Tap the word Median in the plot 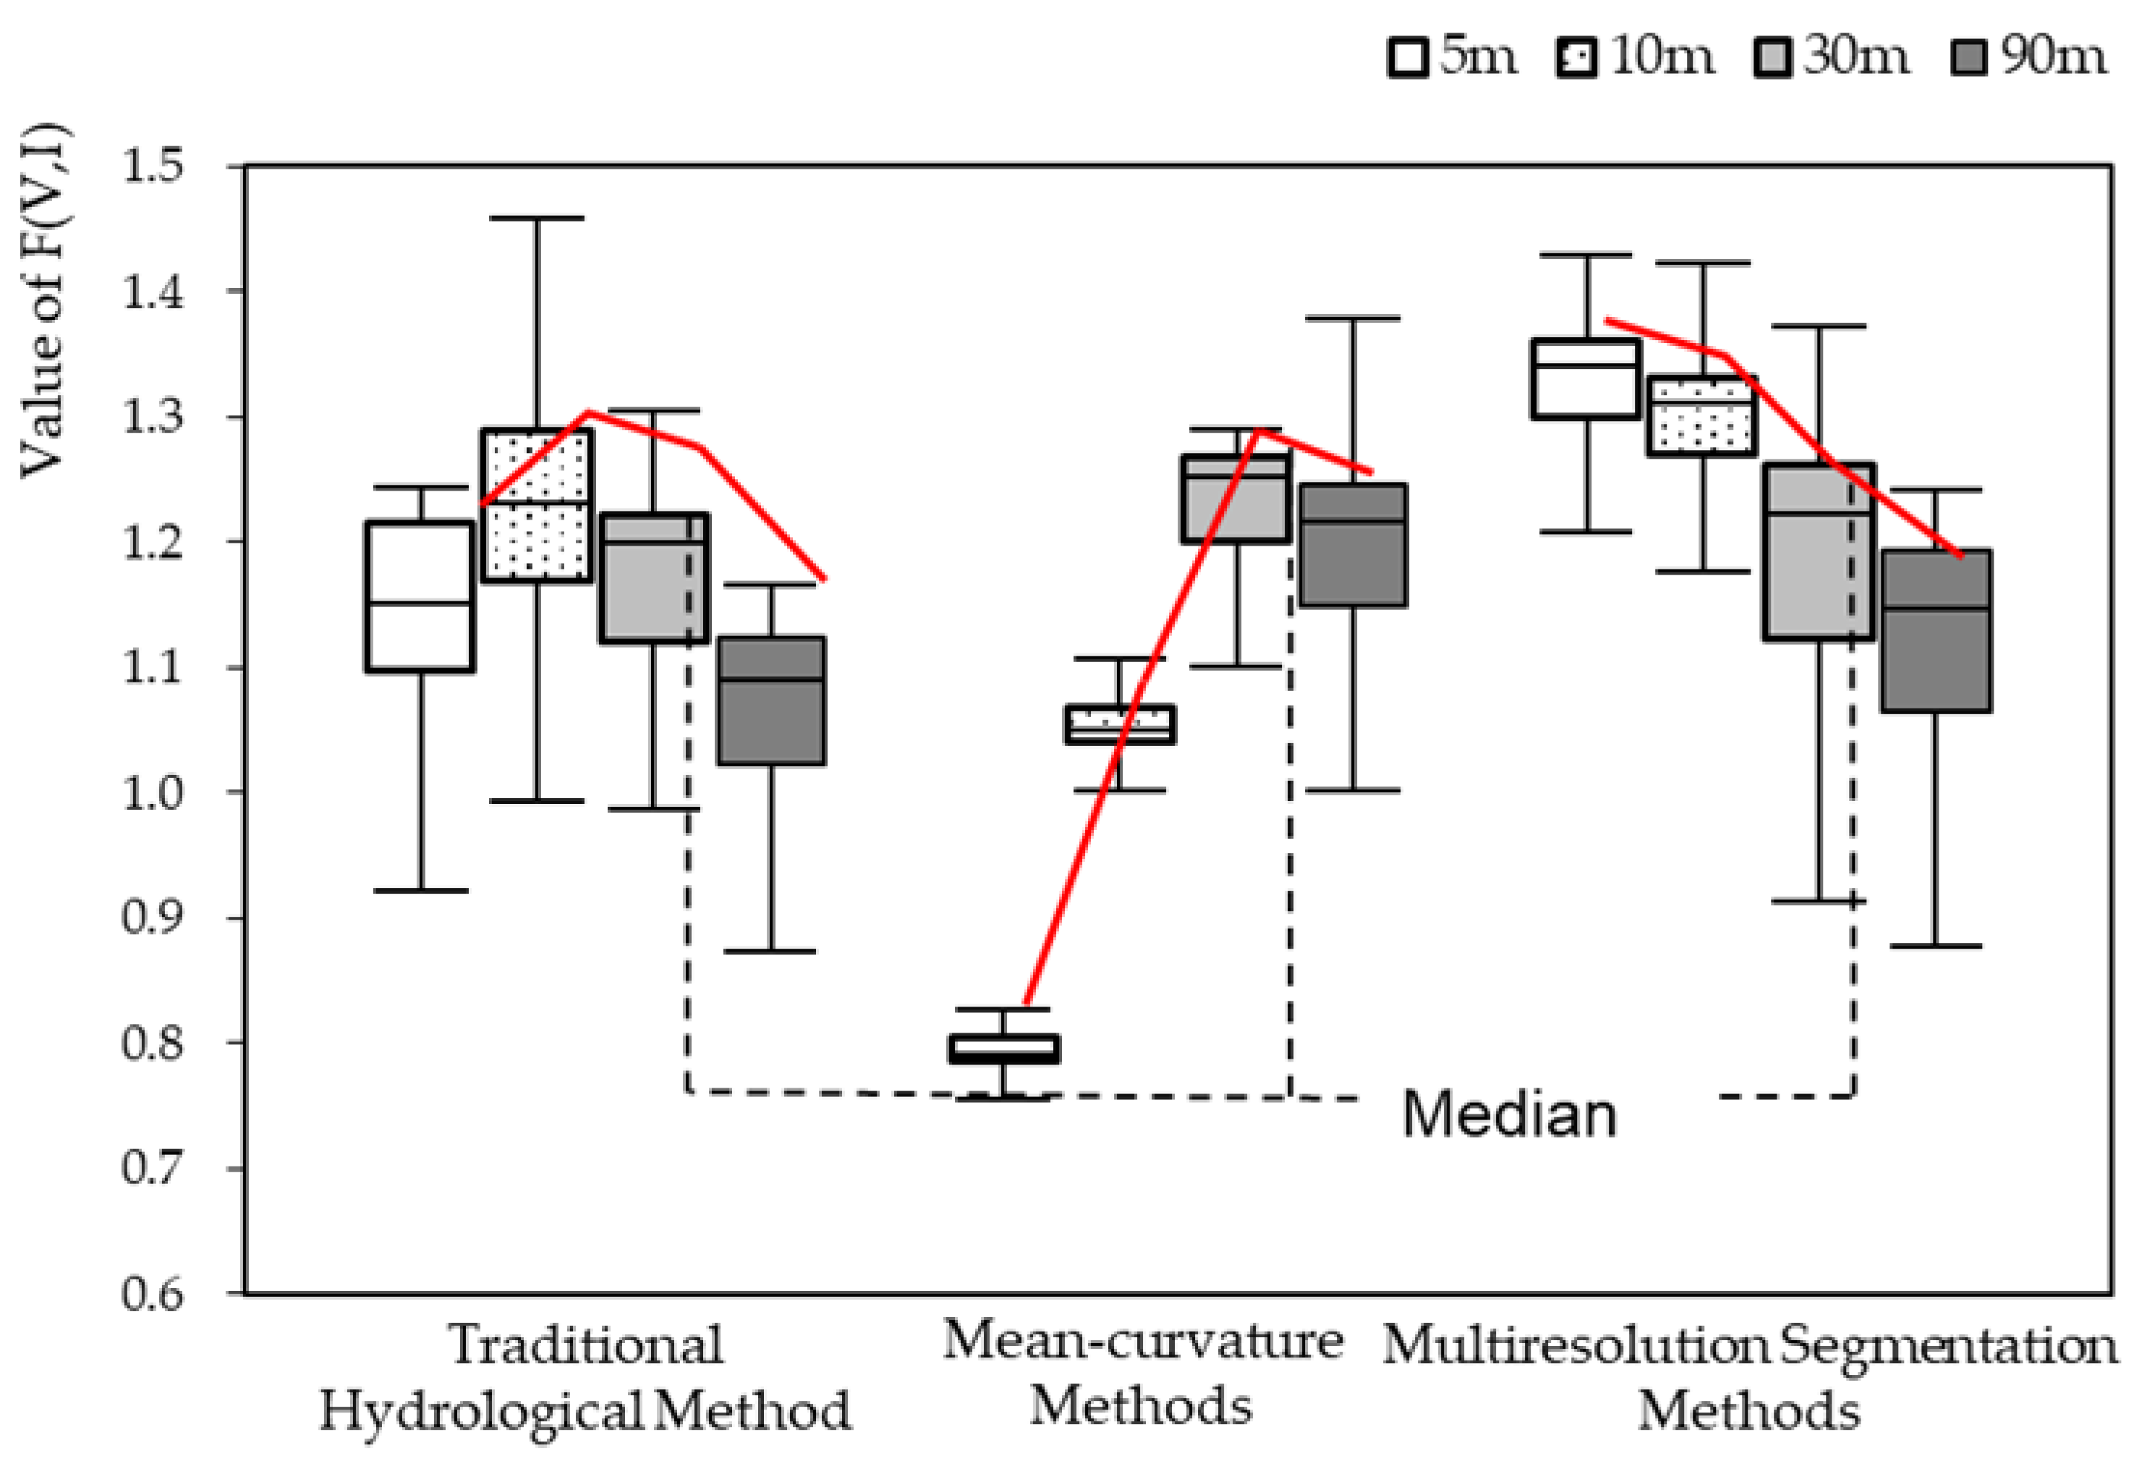(1509, 1114)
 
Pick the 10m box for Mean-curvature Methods (1120, 724)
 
